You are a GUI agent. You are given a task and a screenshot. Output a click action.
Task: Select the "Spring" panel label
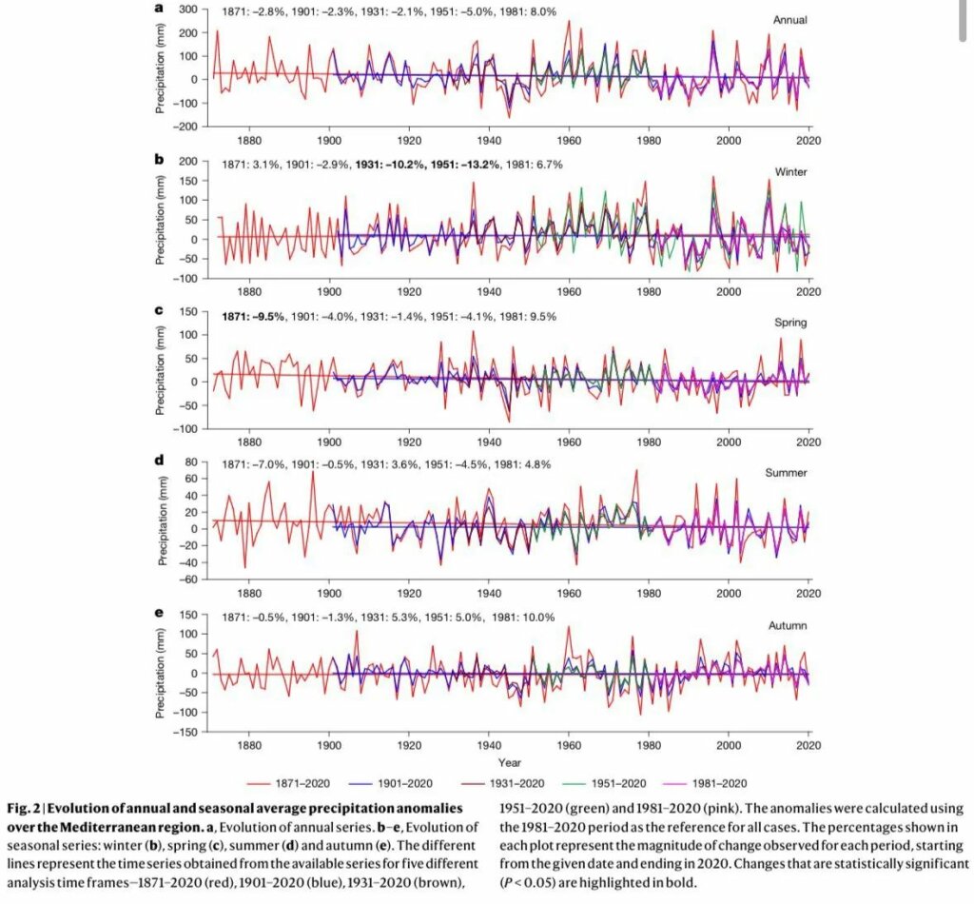point(789,323)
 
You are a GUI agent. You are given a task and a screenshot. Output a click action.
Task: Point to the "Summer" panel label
point(786,473)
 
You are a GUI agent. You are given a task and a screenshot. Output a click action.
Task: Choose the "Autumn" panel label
point(788,625)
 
